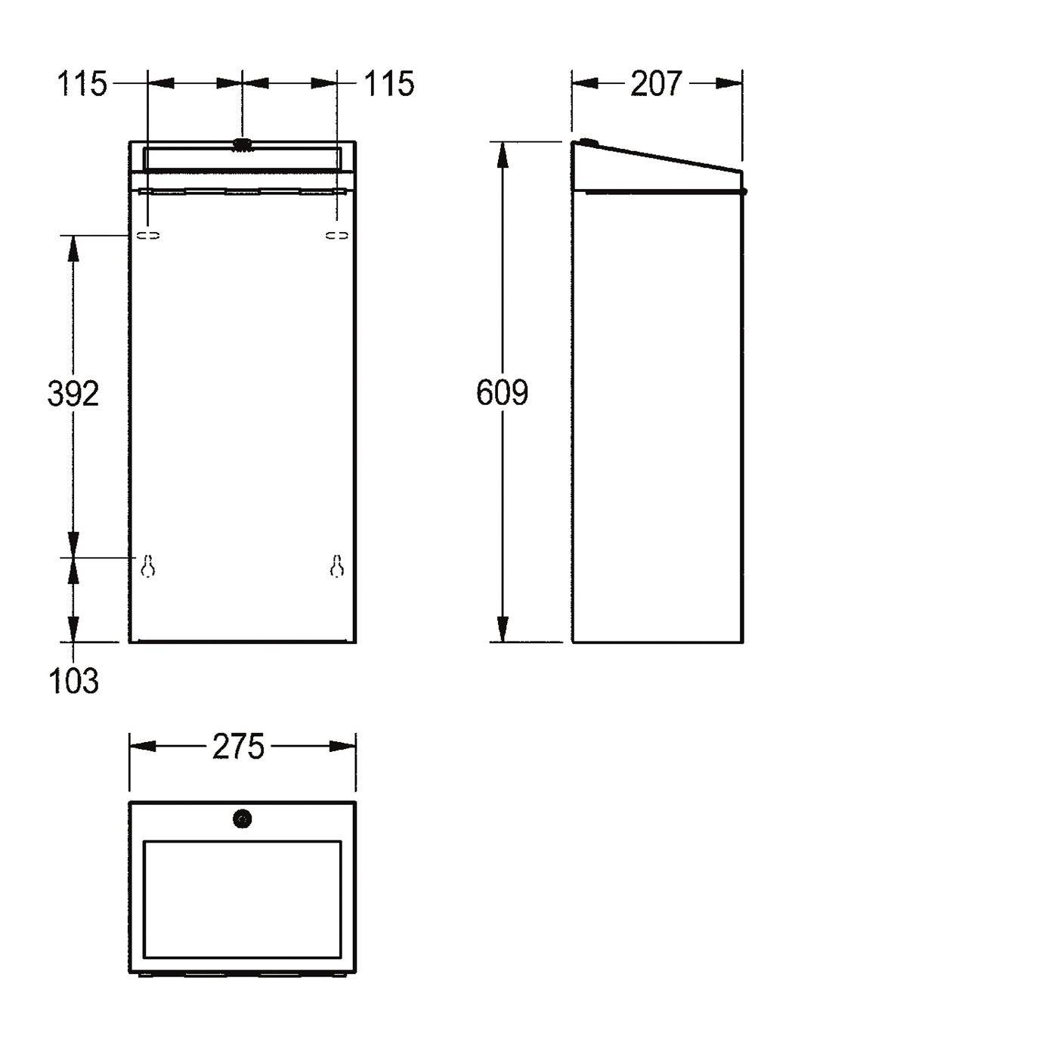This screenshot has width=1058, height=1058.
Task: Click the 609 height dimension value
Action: pos(502,392)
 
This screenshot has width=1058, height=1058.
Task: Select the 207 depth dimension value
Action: pos(656,83)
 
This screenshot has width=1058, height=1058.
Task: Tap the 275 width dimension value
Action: pos(238,747)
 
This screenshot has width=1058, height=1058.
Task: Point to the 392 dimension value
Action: pos(73,394)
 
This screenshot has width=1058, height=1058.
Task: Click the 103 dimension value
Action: pos(73,681)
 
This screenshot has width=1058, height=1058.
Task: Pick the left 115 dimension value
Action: pos(82,83)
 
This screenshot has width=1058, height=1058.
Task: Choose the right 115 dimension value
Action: pos(389,83)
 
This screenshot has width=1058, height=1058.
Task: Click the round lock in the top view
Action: pos(242,820)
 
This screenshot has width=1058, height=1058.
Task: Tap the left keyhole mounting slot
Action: pos(147,566)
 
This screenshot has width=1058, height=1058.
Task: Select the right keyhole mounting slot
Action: pos(337,566)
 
